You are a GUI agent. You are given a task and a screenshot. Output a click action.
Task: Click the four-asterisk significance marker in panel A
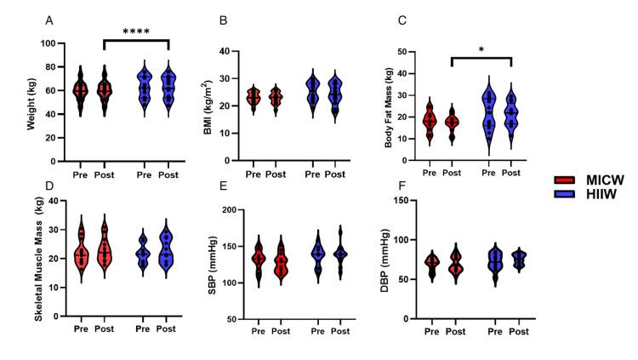[x=136, y=33]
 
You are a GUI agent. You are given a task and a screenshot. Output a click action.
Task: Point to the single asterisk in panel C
[x=481, y=51]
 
